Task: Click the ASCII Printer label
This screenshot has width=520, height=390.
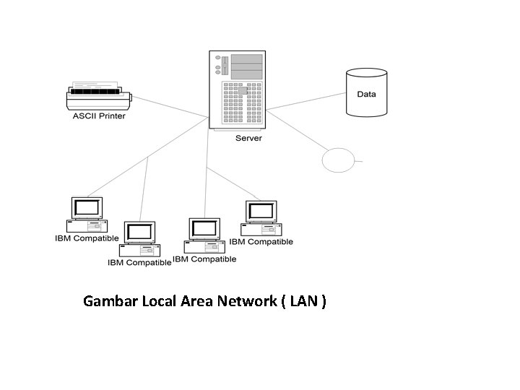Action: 98,116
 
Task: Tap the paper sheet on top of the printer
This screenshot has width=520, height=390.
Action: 96,85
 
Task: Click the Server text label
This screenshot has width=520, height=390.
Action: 248,138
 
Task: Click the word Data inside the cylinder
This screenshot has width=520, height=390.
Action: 366,95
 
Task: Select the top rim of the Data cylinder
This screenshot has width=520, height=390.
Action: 366,73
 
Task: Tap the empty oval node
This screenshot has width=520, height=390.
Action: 337,160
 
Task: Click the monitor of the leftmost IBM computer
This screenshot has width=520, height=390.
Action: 87,208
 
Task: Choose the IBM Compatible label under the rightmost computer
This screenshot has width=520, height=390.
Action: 261,242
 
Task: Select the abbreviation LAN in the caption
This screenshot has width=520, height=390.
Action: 303,300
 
